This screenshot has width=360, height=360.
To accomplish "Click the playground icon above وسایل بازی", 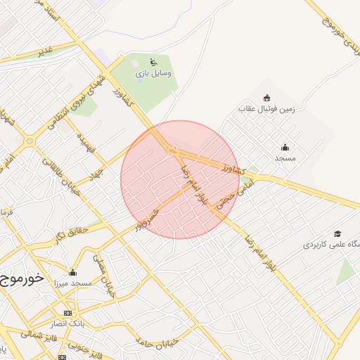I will tap(154, 62).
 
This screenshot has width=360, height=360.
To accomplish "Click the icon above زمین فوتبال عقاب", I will tap(266, 98).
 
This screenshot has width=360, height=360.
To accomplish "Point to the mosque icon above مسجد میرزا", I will tap(72, 273).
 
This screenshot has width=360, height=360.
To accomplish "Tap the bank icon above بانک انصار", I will tap(67, 313).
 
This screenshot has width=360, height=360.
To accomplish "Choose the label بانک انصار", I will tap(67, 323).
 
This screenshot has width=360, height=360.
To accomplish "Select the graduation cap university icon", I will tap(337, 233).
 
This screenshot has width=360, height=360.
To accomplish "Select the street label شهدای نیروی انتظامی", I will tap(77, 103).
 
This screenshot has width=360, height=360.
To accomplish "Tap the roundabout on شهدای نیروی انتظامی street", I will tap(30, 141).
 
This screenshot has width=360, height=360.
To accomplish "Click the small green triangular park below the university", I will tap(345, 271).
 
